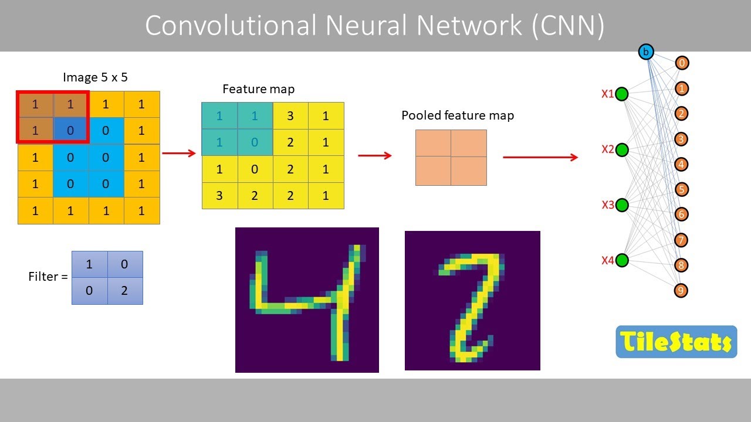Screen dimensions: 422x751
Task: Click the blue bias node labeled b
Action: [646, 52]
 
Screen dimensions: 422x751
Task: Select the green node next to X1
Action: [622, 94]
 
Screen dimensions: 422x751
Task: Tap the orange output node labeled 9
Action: [681, 291]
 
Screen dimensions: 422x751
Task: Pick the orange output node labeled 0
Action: [681, 63]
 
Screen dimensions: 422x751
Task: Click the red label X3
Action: [608, 205]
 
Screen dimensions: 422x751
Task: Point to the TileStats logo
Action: [676, 342]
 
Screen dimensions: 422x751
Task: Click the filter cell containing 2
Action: [124, 290]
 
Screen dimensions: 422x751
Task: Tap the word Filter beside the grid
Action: [44, 277]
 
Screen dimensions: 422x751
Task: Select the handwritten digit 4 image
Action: [307, 300]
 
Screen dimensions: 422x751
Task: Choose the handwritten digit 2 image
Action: [472, 301]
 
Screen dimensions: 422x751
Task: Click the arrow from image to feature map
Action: [178, 154]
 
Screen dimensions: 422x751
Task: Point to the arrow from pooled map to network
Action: [540, 157]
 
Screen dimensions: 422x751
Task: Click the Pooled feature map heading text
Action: [458, 115]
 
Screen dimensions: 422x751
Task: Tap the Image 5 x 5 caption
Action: [95, 77]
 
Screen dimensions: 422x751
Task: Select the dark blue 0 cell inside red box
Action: [70, 131]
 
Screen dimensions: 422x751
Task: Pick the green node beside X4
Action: [622, 260]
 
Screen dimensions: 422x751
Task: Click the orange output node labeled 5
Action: [681, 189]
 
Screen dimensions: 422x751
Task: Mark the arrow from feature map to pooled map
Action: [374, 155]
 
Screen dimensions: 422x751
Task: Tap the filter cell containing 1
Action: [89, 264]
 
